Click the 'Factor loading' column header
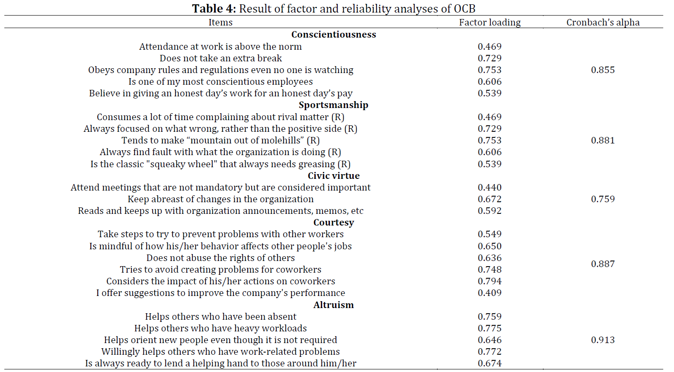coord(489,22)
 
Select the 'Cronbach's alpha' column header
coord(603,22)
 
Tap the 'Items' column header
coord(220,22)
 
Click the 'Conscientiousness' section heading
coord(334,35)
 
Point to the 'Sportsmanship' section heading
coord(333,105)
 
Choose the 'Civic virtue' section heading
coord(334,175)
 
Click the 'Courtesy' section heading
coord(334,223)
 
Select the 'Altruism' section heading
coord(333,305)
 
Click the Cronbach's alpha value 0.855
coord(603,70)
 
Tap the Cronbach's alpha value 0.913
coord(603,340)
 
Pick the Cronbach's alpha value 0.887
coord(603,264)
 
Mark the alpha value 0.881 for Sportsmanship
coord(603,140)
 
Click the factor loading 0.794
coord(490,281)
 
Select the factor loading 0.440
coord(490,188)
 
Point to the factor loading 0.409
coord(490,293)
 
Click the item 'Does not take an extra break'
coord(221,58)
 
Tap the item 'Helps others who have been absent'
coord(221,316)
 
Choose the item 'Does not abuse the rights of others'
coord(220,258)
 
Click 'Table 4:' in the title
coord(214,8)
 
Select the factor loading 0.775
coord(490,328)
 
